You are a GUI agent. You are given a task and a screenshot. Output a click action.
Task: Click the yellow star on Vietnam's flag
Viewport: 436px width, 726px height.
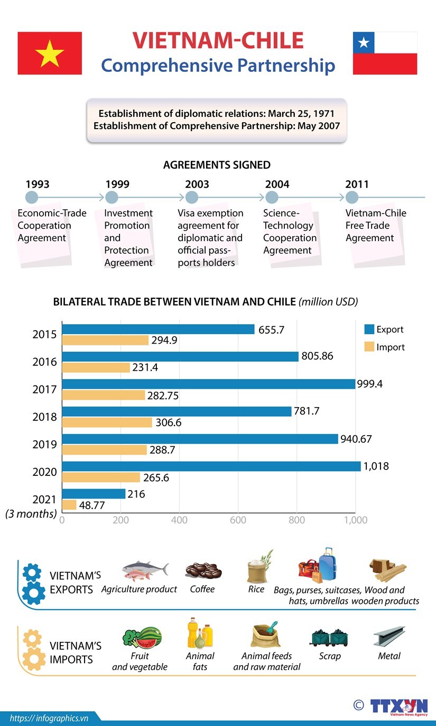point(50,53)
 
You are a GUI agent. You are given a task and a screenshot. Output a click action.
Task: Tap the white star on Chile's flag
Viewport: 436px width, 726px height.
point(364,42)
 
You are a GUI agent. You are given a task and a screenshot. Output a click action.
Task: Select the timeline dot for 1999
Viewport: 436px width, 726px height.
point(112,198)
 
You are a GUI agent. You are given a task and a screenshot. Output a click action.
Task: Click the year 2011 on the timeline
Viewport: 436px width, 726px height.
point(357,185)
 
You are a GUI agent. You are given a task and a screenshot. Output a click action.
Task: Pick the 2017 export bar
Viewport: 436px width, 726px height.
point(208,384)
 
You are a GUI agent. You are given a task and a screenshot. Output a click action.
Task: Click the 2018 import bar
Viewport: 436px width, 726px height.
point(107,422)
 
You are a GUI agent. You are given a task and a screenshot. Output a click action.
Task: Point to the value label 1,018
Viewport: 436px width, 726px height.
point(376,466)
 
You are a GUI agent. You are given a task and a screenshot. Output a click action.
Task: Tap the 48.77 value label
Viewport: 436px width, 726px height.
point(91,505)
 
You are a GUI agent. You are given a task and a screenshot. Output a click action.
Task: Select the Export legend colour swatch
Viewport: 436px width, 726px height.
point(369,329)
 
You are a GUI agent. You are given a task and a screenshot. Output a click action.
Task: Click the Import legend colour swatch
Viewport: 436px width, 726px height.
point(369,347)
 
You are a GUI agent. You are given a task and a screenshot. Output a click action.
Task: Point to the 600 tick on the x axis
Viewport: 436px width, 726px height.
point(238,520)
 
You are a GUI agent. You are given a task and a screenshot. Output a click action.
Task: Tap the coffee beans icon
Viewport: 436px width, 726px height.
point(203,571)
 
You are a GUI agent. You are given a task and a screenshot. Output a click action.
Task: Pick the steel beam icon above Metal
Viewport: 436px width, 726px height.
point(389,636)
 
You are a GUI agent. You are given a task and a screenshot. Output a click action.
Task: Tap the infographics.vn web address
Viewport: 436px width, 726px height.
point(49,718)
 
